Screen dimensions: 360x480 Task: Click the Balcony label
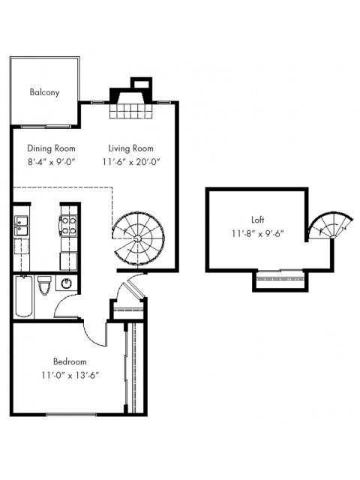45,92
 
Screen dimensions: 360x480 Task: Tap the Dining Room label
51,148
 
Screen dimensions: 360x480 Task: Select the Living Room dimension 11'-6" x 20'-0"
131,162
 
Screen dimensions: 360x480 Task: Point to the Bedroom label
70,361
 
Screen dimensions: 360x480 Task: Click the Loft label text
257,220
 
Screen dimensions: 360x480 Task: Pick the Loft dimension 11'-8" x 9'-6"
258,233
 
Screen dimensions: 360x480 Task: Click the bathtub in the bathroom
24,296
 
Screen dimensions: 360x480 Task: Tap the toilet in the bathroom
44,285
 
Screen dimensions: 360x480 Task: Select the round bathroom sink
67,283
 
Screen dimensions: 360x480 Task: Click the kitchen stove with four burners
69,225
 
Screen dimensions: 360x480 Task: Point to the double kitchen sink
21,226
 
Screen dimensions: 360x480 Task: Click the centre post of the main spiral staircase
138,238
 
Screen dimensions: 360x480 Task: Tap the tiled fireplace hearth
131,111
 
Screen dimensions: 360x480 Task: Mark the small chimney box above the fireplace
141,83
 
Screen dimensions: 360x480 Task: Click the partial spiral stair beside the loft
330,225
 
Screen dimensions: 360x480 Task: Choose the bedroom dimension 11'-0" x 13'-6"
70,375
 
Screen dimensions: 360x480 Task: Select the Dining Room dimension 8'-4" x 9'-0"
52,162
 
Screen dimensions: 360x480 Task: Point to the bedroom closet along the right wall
134,368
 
